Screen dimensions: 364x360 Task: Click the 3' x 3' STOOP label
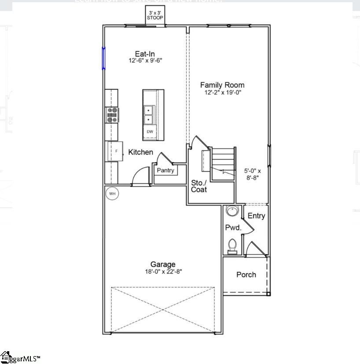(x=155, y=15)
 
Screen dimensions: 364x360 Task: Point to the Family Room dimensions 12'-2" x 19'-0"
(x=222, y=92)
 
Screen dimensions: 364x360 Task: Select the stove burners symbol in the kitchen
(x=112, y=114)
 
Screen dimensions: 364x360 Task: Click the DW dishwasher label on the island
(x=150, y=132)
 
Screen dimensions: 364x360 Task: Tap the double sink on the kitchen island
(x=149, y=114)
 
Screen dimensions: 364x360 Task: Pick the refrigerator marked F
(x=115, y=151)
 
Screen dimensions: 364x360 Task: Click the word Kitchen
(x=141, y=152)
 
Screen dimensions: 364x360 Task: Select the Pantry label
(x=165, y=170)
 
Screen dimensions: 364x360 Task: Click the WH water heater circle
(x=112, y=193)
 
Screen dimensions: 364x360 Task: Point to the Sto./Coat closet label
(x=199, y=186)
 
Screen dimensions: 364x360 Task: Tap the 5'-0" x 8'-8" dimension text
(x=253, y=174)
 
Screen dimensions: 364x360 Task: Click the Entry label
(x=256, y=216)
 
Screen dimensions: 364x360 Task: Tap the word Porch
(x=246, y=275)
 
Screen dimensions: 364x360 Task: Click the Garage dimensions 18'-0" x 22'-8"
(x=163, y=272)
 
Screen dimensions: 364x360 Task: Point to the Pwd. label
(x=233, y=228)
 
